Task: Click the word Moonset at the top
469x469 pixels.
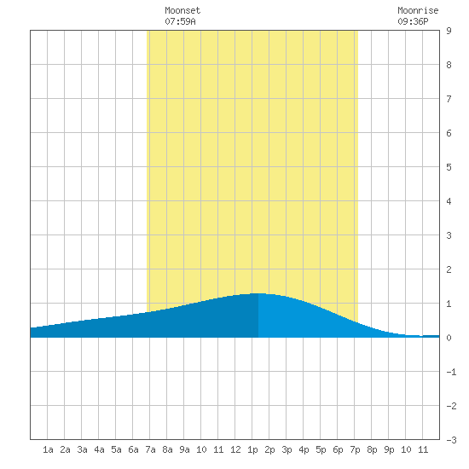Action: point(182,10)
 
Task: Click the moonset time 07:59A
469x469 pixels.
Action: point(180,21)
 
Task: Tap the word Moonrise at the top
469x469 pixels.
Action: point(418,10)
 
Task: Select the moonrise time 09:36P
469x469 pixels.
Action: point(413,21)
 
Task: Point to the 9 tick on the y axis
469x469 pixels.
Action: point(449,31)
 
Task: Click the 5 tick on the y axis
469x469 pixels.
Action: point(449,167)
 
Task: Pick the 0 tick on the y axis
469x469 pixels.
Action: point(449,338)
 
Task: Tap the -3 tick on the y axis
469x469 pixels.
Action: point(451,440)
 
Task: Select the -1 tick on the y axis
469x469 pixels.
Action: point(451,372)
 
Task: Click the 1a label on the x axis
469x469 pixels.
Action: point(48,449)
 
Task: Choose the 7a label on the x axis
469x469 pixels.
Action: point(150,449)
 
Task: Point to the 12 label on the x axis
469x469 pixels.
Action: point(235,449)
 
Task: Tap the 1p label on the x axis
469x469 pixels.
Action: point(252,449)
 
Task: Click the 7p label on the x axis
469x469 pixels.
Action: point(355,449)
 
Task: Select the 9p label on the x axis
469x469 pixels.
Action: point(389,449)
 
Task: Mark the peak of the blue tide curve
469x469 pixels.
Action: point(258,293)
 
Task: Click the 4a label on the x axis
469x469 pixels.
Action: point(99,449)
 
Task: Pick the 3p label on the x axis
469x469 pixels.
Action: point(287,449)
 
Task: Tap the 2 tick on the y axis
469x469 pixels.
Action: point(449,269)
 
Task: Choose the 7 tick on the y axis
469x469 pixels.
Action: point(449,99)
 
